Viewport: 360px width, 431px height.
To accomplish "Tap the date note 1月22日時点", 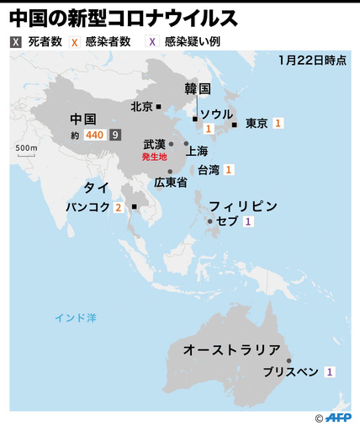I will [311, 61].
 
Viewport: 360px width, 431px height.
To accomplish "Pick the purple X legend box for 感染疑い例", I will [152, 43].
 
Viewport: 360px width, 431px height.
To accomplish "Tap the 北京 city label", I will [141, 107].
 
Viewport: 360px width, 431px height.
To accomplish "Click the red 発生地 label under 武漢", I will [154, 157].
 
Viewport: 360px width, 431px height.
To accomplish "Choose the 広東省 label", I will [171, 182].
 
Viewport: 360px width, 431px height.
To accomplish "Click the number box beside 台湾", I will [229, 170].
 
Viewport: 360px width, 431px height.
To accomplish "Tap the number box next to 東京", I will [278, 123].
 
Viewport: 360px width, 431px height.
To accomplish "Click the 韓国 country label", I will [197, 88].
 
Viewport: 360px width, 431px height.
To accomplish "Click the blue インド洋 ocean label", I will [76, 317].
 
